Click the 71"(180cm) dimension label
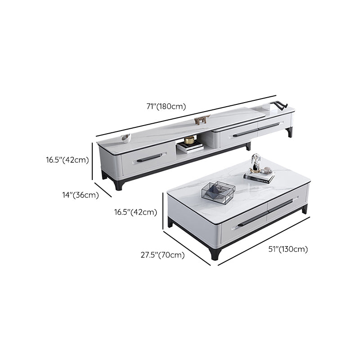click(x=166, y=107)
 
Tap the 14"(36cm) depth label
click(x=81, y=195)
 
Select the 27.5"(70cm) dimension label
click(x=162, y=255)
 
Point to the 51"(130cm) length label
click(x=288, y=249)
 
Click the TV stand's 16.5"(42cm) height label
click(x=67, y=160)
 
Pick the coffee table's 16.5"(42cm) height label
click(x=135, y=212)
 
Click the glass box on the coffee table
click(x=218, y=193)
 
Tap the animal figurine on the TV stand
click(x=202, y=120)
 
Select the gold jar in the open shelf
click(x=189, y=139)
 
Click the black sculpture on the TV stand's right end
click(x=280, y=105)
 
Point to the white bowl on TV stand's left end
click(x=126, y=138)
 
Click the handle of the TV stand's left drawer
click(x=149, y=158)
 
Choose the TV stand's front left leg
click(x=119, y=185)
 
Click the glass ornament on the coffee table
click(x=256, y=162)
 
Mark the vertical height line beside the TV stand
click(x=92, y=161)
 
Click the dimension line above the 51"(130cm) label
click(x=264, y=241)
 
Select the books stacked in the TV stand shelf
click(x=190, y=147)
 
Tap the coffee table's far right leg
click(x=305, y=209)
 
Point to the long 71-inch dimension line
click(x=186, y=116)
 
